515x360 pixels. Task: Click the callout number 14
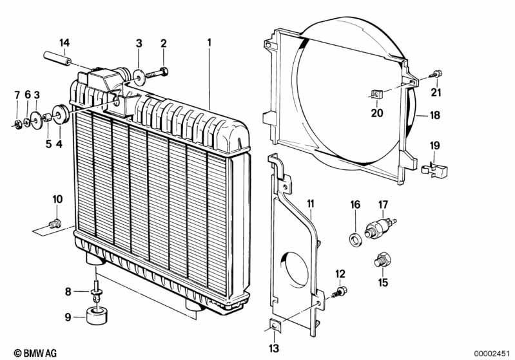click(64, 43)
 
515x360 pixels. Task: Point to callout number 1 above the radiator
click(209, 43)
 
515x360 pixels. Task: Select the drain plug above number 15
click(381, 261)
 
